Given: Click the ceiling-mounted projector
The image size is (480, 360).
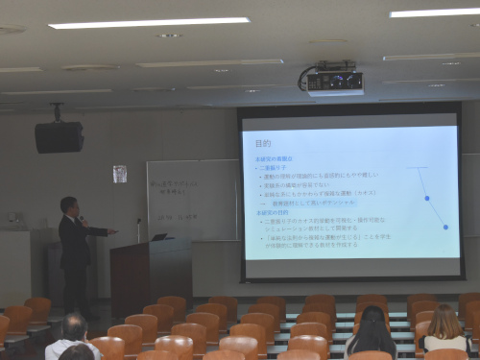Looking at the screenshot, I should (333, 80).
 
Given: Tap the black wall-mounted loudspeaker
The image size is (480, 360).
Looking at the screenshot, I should (59, 136).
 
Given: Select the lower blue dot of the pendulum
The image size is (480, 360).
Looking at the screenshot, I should (445, 227).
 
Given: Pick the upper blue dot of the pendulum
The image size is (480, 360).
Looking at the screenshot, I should (426, 198).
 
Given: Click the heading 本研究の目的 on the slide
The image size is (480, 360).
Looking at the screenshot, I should (273, 212).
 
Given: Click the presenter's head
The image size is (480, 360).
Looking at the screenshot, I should (68, 204).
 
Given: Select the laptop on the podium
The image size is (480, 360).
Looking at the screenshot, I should (160, 237).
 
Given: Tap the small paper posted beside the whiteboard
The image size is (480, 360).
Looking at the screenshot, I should (120, 174).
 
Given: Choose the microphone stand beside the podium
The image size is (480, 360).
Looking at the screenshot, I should (138, 230).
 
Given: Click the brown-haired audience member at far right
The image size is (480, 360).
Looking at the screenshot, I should (444, 328).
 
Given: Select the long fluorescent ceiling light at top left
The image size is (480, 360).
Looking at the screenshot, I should (149, 22).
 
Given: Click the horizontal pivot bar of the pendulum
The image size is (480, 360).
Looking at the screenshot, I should (418, 168).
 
